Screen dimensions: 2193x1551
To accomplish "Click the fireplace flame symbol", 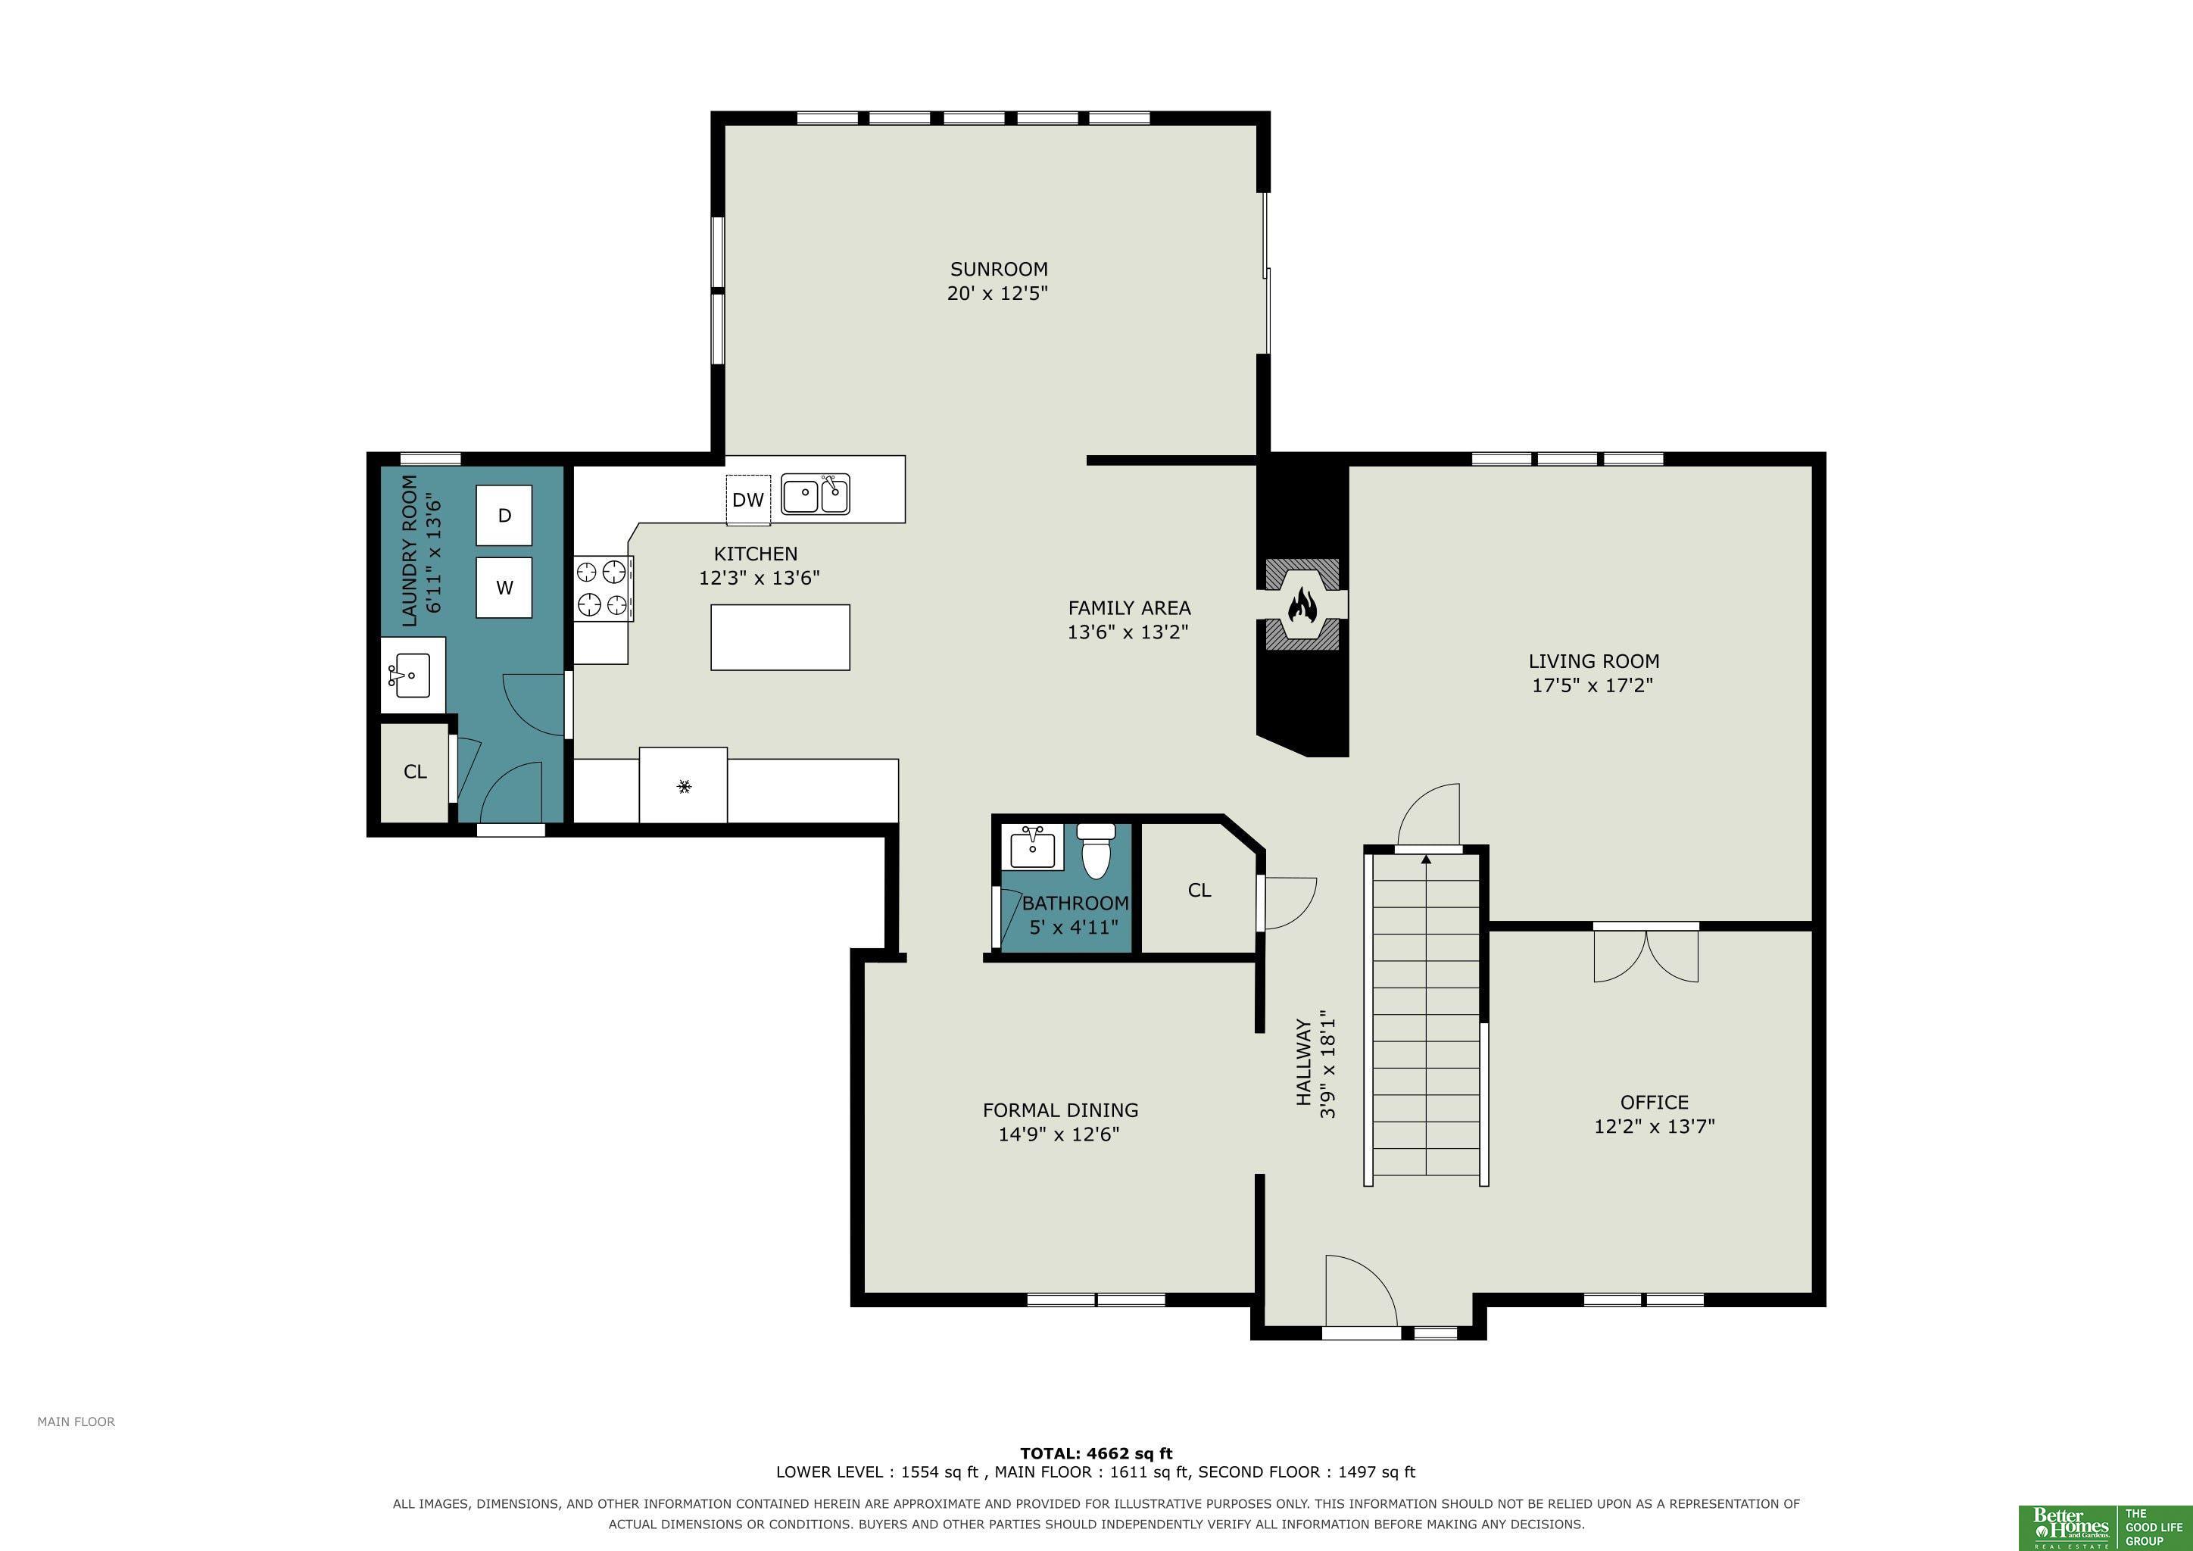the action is tap(1302, 604).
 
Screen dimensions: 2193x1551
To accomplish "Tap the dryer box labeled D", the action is tap(504, 516).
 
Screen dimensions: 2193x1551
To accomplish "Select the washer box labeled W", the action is tap(504, 588).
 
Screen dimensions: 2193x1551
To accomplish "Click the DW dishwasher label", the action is tap(748, 500).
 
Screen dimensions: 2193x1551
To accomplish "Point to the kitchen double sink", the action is tap(816, 494).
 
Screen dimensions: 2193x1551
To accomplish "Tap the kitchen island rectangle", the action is tap(781, 637).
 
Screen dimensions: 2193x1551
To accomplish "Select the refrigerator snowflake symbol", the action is tap(684, 787).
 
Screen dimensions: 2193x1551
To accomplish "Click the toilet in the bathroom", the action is tap(1097, 851).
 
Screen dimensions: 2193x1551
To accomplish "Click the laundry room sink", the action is tap(412, 676).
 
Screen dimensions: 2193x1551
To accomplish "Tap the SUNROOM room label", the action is tap(998, 270).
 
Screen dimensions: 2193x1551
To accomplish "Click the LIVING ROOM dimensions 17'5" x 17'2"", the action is tap(1592, 685).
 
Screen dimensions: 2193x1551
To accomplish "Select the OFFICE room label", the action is tap(1655, 1102).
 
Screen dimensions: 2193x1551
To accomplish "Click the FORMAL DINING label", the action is tap(1060, 1109).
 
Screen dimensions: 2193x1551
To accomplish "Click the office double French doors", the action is tap(1646, 953).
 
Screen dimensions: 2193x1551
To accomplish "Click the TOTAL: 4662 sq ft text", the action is tap(1096, 1453).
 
